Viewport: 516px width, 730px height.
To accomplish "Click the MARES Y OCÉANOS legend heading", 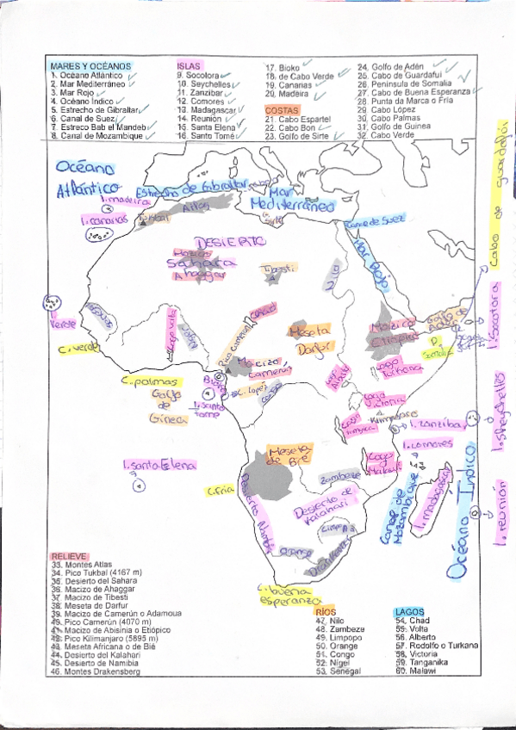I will pyautogui.click(x=90, y=66).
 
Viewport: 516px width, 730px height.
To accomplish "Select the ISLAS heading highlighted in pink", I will pyautogui.click(x=189, y=66).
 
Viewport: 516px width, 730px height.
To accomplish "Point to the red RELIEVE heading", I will pyautogui.click(x=68, y=557).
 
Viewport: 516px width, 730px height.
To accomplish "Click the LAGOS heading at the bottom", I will pyautogui.click(x=408, y=611).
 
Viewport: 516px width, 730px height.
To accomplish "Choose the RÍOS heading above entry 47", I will pyautogui.click(x=326, y=611).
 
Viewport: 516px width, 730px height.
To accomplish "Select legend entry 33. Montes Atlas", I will pyautogui.click(x=83, y=564).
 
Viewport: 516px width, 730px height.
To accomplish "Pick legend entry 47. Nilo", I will pyautogui.click(x=332, y=620).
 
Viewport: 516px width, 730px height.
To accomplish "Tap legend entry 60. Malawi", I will pyautogui.click(x=417, y=670).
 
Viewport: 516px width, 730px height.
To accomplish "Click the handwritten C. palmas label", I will pyautogui.click(x=150, y=380).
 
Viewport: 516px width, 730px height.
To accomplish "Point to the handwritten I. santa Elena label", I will pyautogui.click(x=159, y=465).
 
